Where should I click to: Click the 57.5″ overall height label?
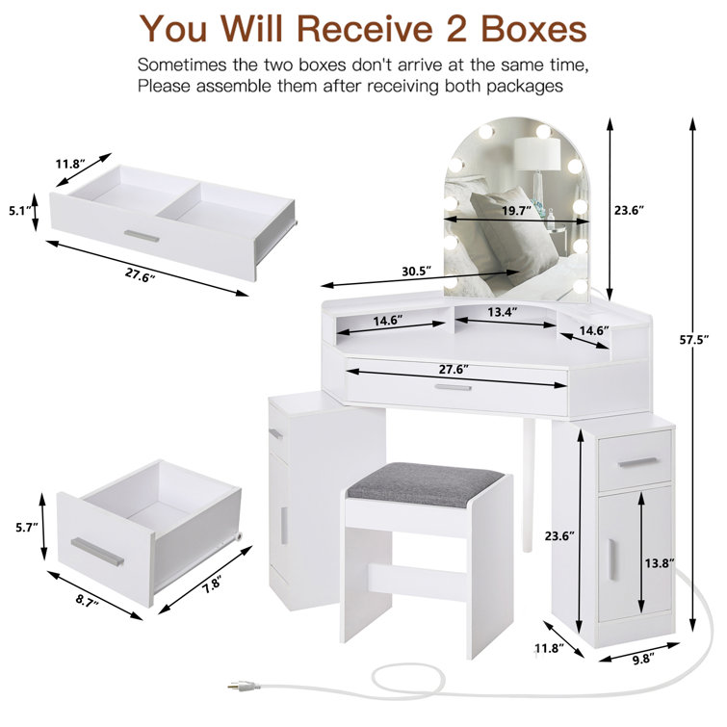(x=693, y=339)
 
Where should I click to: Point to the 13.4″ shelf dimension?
(x=501, y=312)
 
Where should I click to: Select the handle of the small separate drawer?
(x=97, y=552)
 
